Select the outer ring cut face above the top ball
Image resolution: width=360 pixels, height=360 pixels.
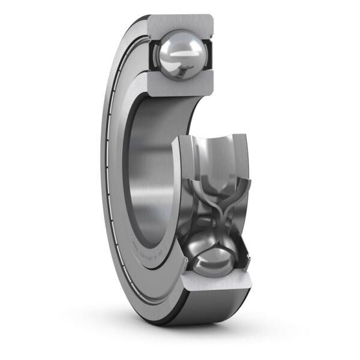pos(180,22)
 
